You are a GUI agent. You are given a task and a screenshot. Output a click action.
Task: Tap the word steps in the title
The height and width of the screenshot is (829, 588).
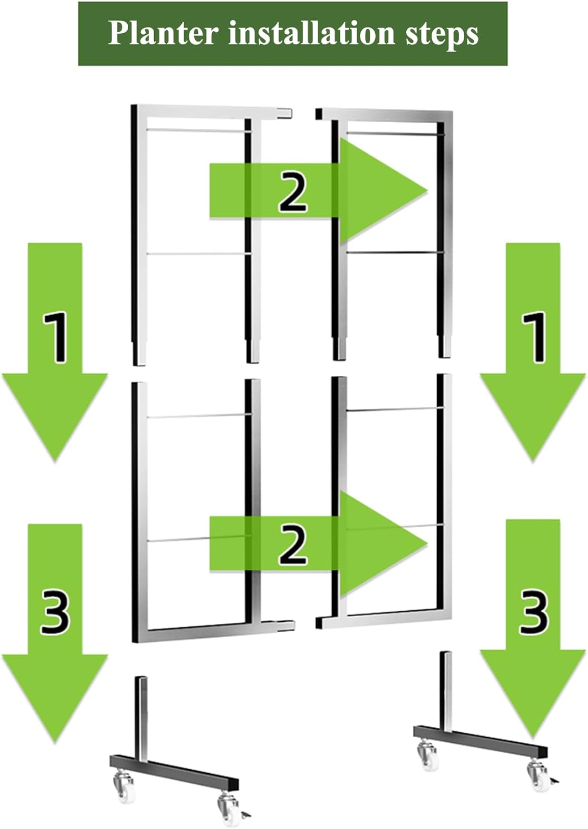click(442, 35)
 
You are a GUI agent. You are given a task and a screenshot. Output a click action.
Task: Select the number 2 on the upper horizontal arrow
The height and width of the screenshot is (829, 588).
click(293, 192)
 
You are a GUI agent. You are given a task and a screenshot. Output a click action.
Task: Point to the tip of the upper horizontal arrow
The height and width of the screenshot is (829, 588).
click(428, 191)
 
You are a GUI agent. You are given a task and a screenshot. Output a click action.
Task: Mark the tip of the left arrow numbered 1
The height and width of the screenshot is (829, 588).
click(55, 462)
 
